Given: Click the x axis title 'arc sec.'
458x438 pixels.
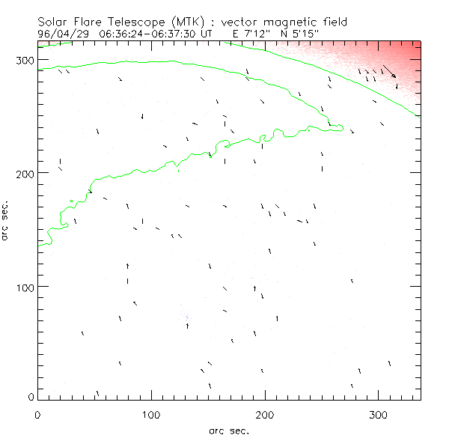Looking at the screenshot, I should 228,431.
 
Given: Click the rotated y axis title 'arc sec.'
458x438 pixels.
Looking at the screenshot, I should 5,219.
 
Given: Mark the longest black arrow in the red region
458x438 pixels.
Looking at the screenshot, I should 389,72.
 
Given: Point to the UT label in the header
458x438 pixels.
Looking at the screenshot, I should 209,34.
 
